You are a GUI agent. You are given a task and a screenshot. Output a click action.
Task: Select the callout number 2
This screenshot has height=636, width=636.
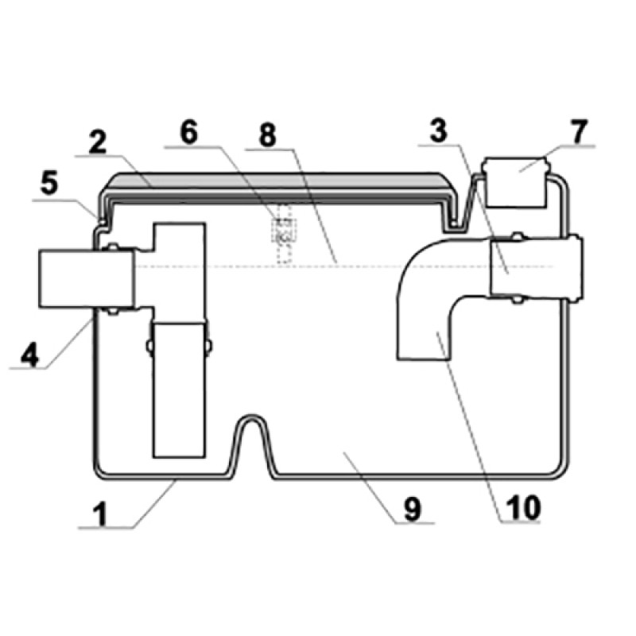[97, 142]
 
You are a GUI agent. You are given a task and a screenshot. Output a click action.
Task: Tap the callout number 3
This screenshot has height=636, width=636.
[439, 130]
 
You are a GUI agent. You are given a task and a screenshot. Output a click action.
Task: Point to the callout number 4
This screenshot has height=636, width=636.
[30, 355]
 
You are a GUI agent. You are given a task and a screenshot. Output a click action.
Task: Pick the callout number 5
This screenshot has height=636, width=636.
[49, 184]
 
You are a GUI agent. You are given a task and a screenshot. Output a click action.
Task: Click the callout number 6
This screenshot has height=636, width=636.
[188, 133]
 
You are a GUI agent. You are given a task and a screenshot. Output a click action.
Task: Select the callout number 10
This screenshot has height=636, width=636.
[523, 507]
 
